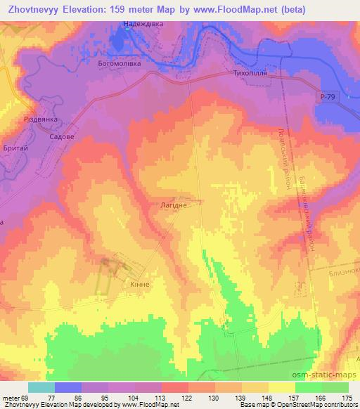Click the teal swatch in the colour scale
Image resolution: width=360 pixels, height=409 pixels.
pyautogui.click(x=41, y=387)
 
